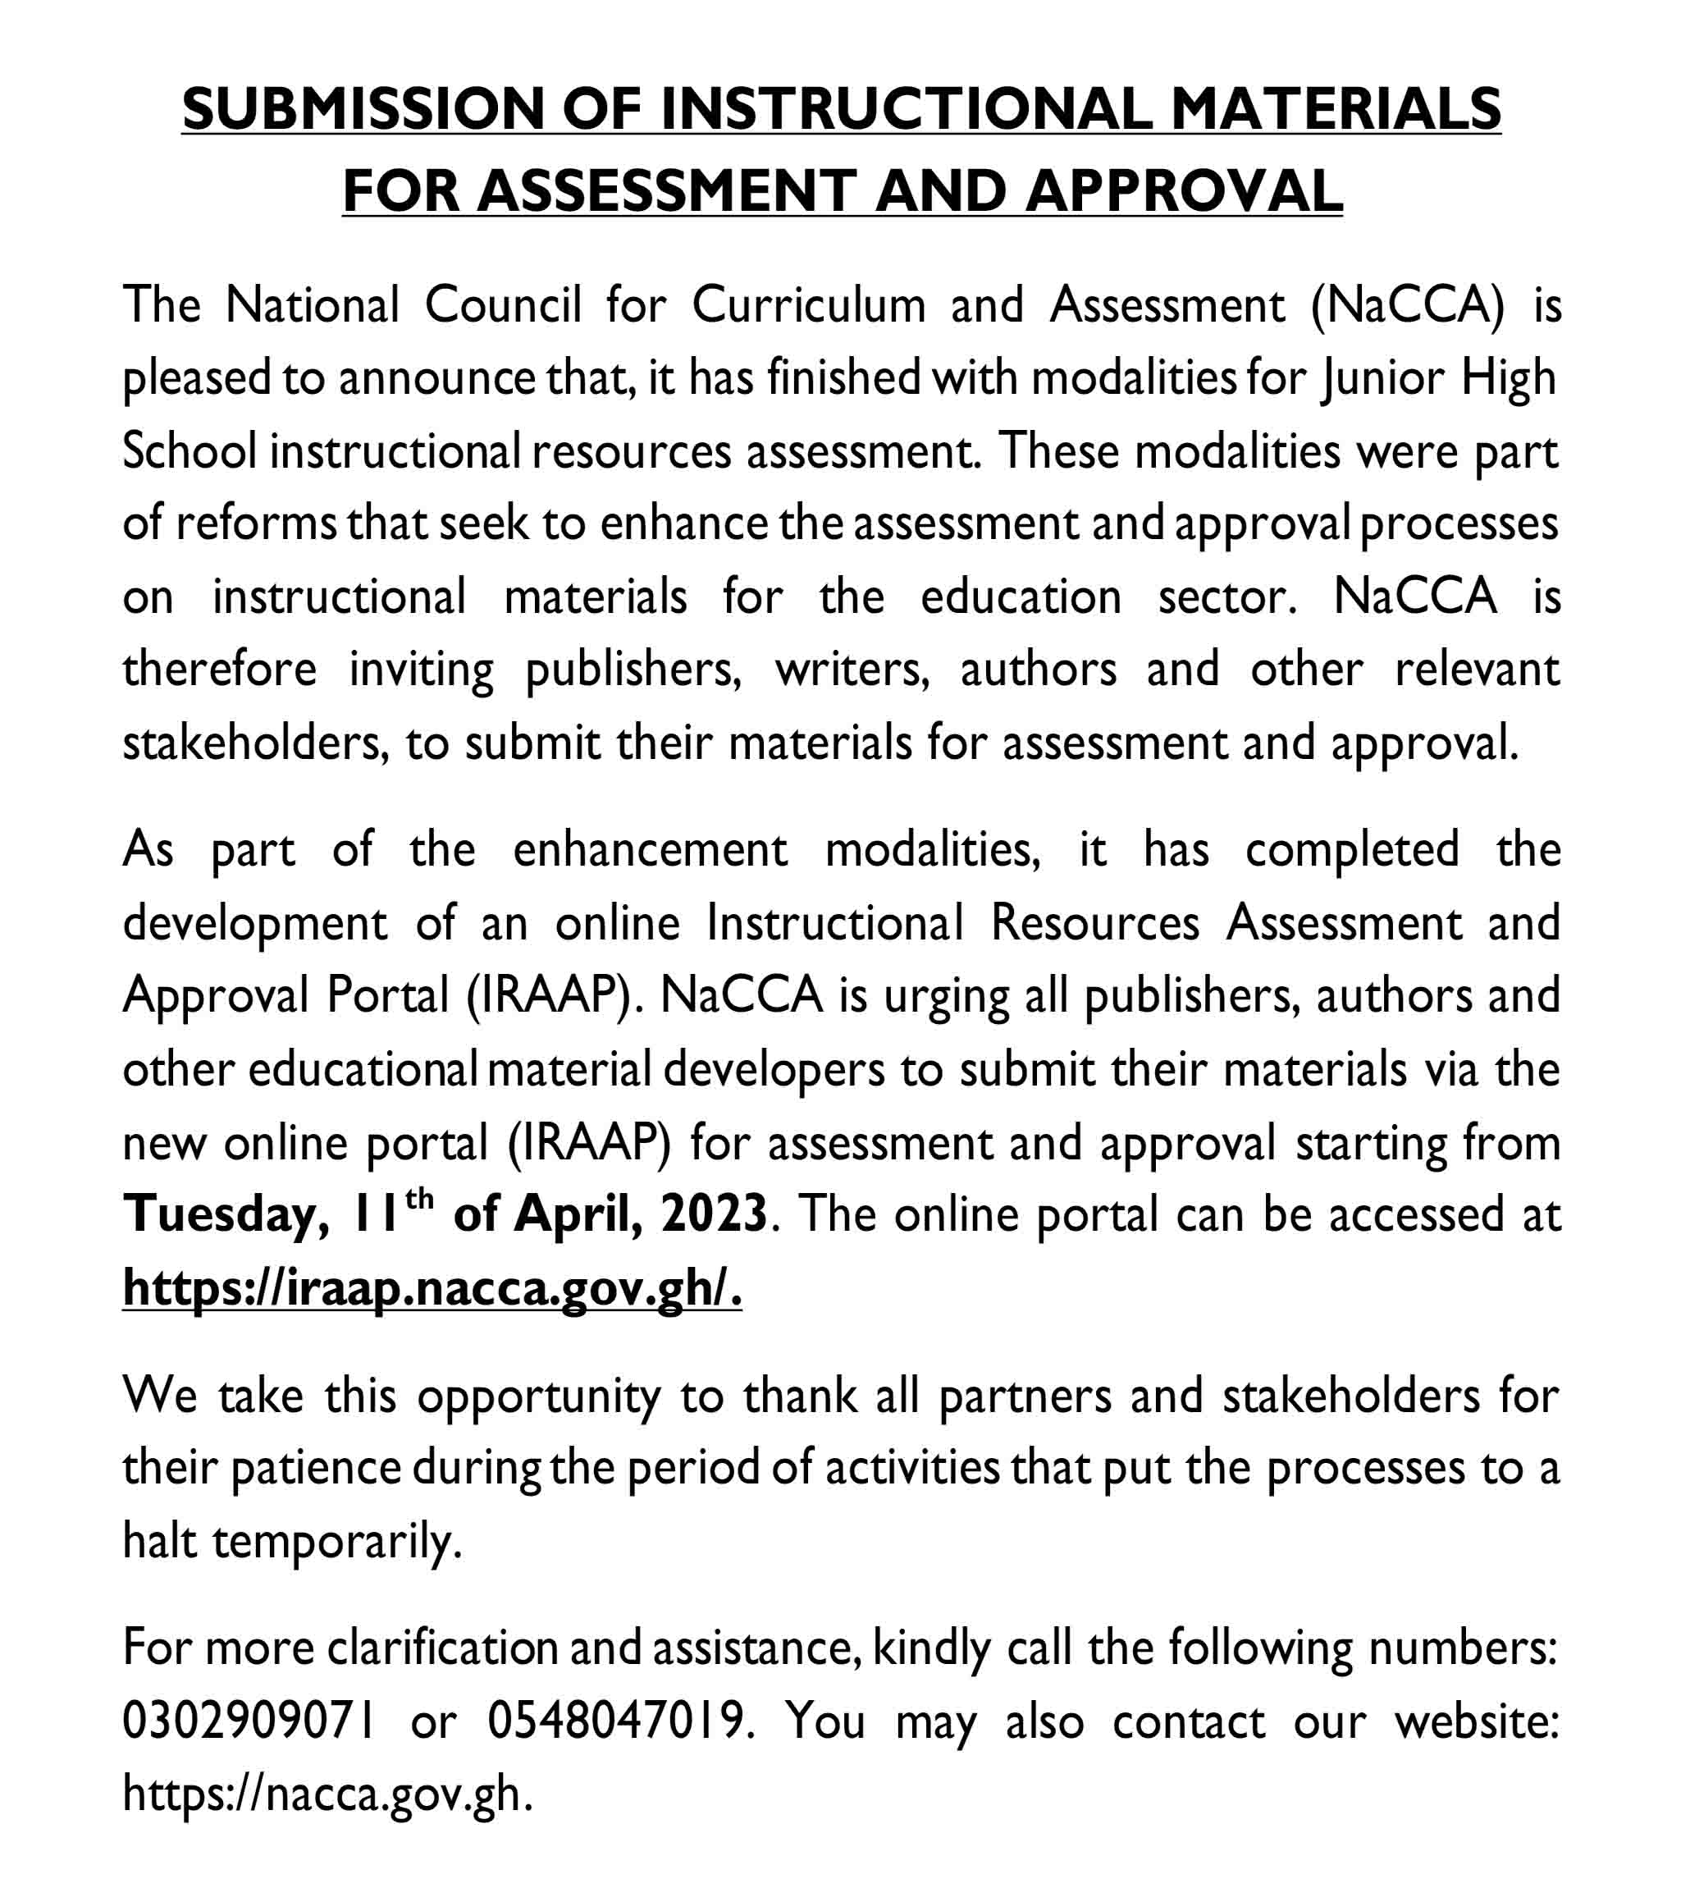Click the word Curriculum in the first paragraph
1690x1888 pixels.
[x=809, y=304]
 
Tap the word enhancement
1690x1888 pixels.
[x=650, y=850]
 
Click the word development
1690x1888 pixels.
[x=254, y=924]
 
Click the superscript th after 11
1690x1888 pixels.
[x=420, y=1199]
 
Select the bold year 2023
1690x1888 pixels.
[x=713, y=1214]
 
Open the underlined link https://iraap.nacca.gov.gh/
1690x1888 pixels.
[x=432, y=1288]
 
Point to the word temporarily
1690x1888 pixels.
[x=336, y=1542]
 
